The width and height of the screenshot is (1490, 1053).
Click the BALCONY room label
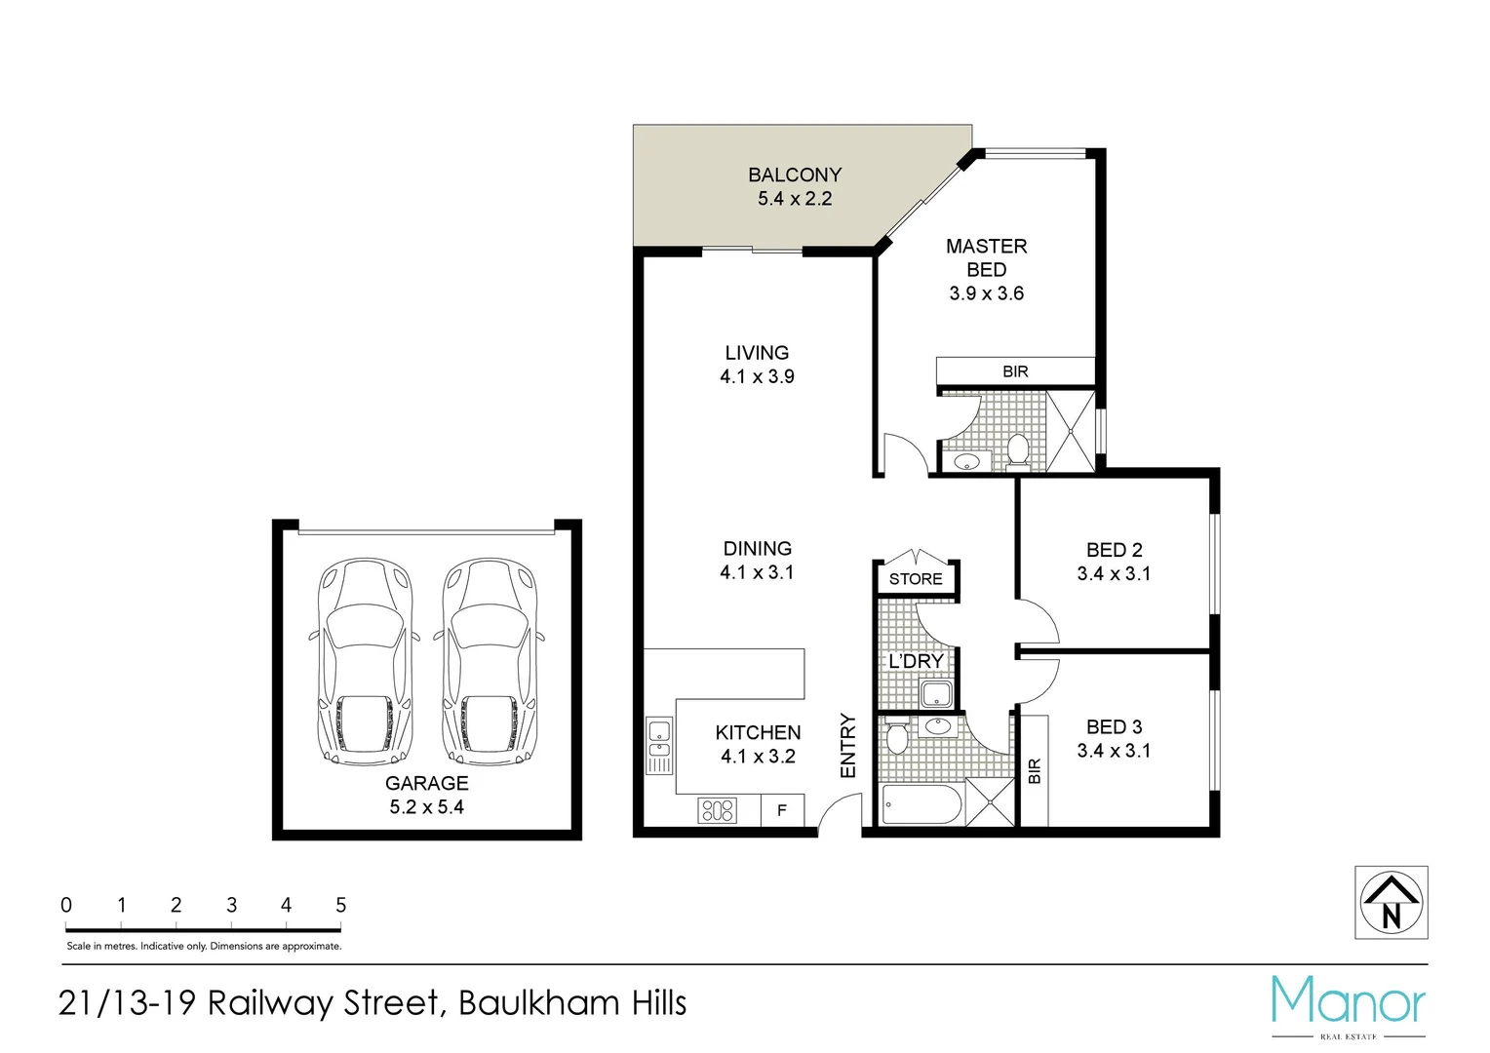point(794,175)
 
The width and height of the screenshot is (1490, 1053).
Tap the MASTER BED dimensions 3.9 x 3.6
point(986,293)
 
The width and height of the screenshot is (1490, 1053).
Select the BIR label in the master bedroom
point(1015,371)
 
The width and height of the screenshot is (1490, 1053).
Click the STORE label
point(916,579)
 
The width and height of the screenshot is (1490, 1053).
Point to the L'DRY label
point(916,661)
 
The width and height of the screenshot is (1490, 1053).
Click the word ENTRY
point(848,746)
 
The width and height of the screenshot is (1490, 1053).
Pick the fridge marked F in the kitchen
point(782,810)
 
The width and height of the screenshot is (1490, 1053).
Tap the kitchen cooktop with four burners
point(717,810)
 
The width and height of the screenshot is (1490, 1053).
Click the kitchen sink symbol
point(659,746)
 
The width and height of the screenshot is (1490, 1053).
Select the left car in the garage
point(366,662)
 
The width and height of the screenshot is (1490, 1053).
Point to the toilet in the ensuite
point(1017,450)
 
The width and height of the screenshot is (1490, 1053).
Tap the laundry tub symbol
point(936,694)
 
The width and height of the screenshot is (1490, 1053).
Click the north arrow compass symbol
point(1392,903)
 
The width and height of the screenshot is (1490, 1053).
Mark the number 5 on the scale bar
point(340,905)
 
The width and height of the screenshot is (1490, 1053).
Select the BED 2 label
point(1114,550)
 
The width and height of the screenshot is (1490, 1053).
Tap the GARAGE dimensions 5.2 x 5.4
point(426,807)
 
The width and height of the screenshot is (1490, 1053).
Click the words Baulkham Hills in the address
point(572,1003)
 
